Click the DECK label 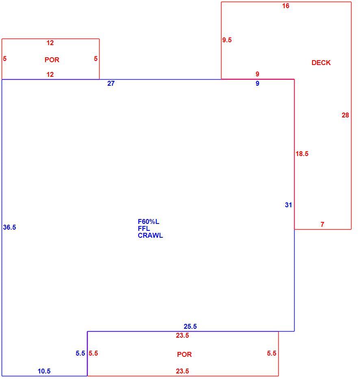pyautogui.click(x=321, y=63)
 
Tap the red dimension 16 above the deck pyautogui.click(x=286, y=6)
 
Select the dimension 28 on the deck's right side pyautogui.click(x=345, y=115)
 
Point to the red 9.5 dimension pyautogui.click(x=227, y=40)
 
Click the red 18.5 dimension pyautogui.click(x=302, y=154)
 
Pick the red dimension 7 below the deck pyautogui.click(x=322, y=224)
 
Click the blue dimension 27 pyautogui.click(x=111, y=84)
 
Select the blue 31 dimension pyautogui.click(x=288, y=205)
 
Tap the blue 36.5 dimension pyautogui.click(x=9, y=227)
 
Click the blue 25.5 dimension pyautogui.click(x=190, y=326)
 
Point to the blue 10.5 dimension pyautogui.click(x=44, y=371)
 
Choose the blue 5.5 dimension pyautogui.click(x=80, y=353)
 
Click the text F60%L pyautogui.click(x=149, y=222)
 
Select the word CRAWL pyautogui.click(x=150, y=236)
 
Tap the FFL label pyautogui.click(x=144, y=228)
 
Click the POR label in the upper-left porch pyautogui.click(x=52, y=60)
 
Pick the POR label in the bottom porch pyautogui.click(x=184, y=354)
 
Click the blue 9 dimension pyautogui.click(x=258, y=84)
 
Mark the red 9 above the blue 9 pyautogui.click(x=258, y=74)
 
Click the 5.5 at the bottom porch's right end pyautogui.click(x=271, y=353)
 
